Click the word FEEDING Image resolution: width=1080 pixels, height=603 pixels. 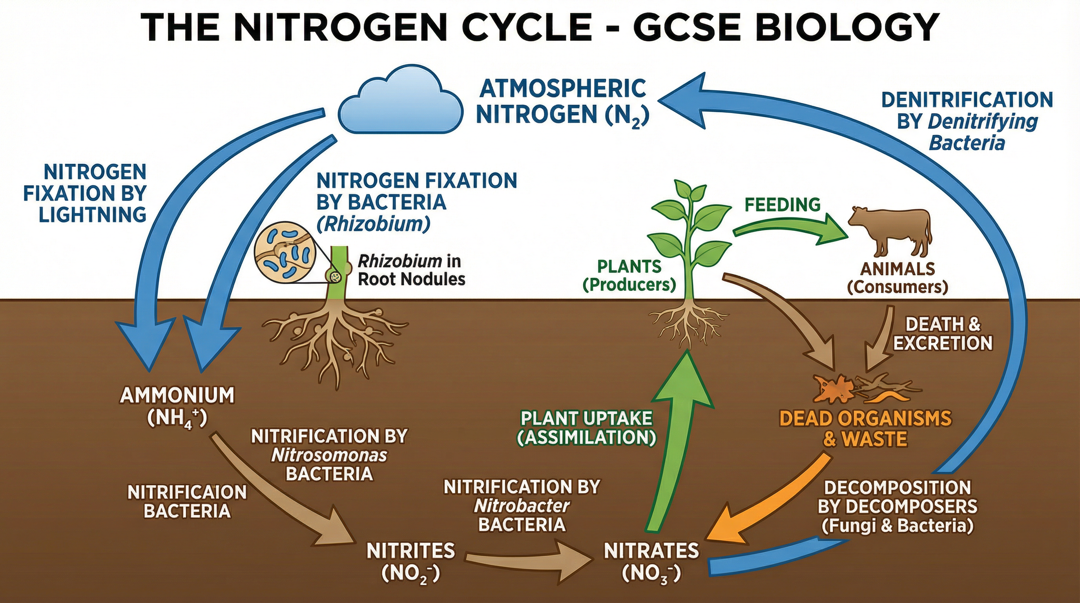(782, 205)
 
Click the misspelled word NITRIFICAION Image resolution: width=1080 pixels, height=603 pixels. (187, 492)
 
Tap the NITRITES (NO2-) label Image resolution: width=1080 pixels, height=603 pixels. (410, 562)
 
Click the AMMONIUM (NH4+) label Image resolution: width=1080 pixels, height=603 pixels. (177, 406)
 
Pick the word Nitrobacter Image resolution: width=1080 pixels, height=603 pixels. (522, 506)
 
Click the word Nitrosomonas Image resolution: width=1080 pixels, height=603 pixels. (329, 455)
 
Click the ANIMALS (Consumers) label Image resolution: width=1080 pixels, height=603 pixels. (897, 277)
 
